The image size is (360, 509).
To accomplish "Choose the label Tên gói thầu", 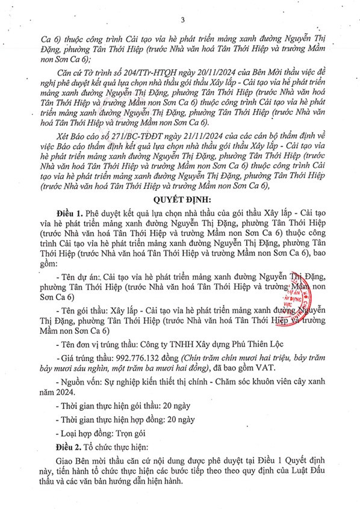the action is pyautogui.click(x=80, y=309).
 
